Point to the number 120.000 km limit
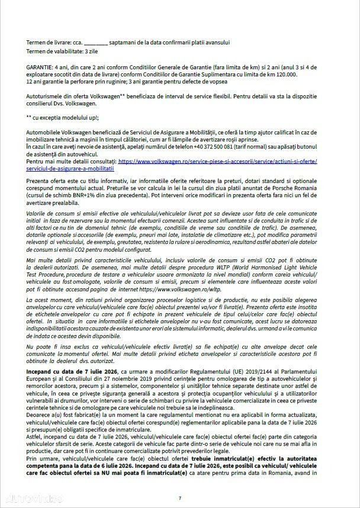coord(286,73)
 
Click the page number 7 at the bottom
coord(180,499)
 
